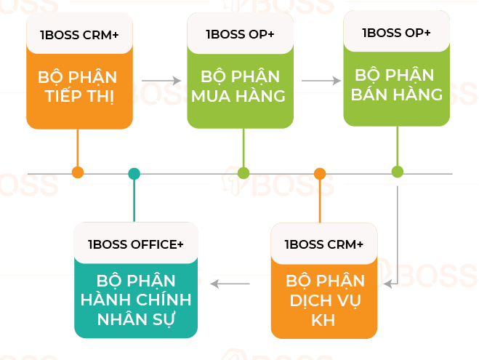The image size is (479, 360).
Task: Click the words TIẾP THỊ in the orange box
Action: coord(79,97)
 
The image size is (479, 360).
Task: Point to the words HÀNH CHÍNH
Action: coord(137,300)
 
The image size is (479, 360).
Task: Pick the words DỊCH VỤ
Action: coord(324,300)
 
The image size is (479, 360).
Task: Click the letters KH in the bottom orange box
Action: coord(324,320)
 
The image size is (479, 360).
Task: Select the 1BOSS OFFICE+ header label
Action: coord(136,244)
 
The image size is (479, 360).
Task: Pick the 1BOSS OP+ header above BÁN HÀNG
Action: coord(396,33)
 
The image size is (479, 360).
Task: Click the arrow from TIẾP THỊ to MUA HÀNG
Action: coord(161,81)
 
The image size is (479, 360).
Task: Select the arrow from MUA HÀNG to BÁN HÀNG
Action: coord(321,81)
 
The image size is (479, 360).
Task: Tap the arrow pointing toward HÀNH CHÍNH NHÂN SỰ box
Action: coord(230,283)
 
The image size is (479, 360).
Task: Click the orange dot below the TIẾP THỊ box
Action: coord(78,172)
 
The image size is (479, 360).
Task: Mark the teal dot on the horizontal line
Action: coord(134,173)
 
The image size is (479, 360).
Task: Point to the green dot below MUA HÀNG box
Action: coord(243,173)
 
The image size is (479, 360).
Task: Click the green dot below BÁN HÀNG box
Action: coord(397,172)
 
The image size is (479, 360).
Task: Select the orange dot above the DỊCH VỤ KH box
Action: coord(320,173)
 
